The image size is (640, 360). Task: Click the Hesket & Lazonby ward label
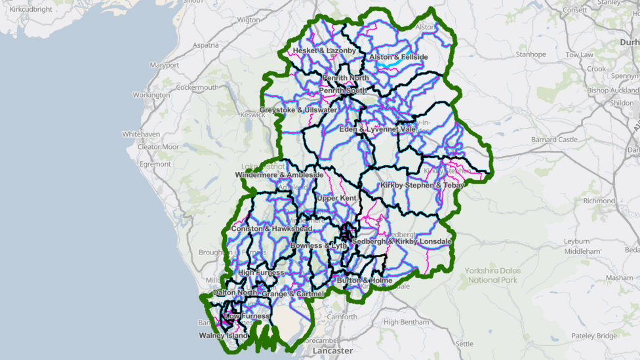324,50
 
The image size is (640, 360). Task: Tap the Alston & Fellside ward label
398,57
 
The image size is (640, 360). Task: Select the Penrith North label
345,78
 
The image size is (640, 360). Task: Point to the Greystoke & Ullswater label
298,110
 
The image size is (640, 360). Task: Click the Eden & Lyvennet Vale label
377,129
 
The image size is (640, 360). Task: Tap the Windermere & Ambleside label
279,175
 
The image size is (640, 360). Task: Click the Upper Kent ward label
336,197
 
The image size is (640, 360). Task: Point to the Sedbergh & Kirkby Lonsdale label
401,241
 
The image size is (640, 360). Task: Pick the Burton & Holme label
364,281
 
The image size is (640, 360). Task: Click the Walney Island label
224,336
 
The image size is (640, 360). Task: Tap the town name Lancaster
332,351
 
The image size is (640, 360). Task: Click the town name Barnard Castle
554,140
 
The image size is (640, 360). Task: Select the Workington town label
151,95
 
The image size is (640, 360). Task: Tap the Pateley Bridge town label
593,336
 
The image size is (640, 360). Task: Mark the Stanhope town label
530,54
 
